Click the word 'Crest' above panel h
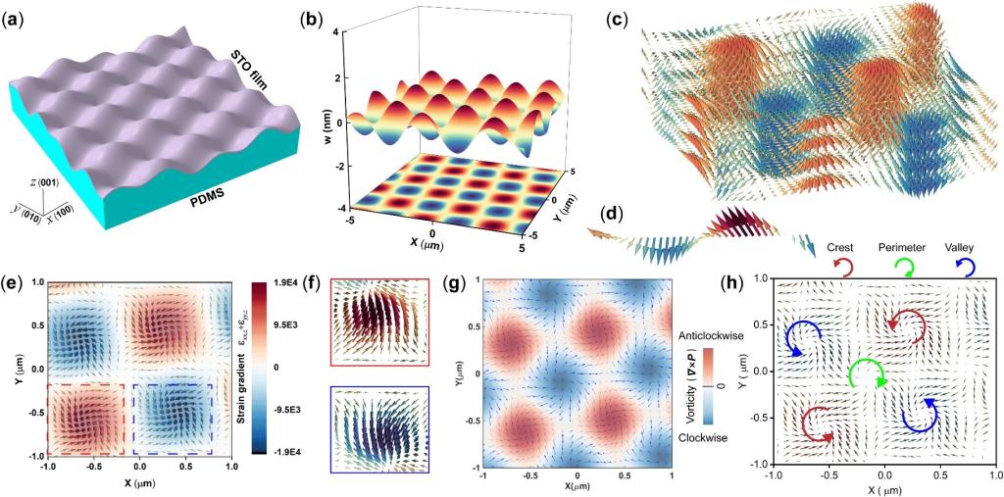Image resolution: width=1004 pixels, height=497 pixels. click(844, 248)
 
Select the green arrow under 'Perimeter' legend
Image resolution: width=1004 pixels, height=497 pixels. click(907, 267)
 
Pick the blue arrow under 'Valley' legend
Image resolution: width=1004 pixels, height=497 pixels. click(965, 267)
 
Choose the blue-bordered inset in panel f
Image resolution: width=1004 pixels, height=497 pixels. click(379, 433)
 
